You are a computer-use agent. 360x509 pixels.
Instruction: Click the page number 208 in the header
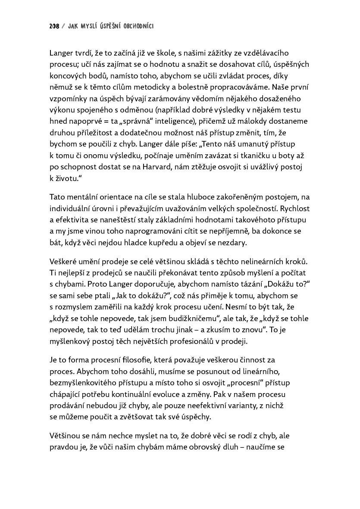point(54,26)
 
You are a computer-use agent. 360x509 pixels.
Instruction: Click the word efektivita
point(69,220)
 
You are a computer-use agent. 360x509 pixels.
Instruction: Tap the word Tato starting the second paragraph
point(57,197)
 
